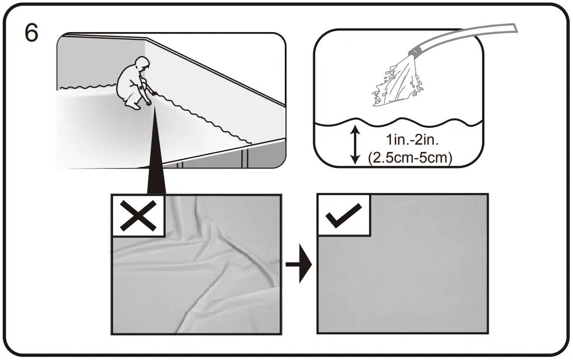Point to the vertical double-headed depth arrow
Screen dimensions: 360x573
tap(355, 144)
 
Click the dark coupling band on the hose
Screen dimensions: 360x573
tap(417, 52)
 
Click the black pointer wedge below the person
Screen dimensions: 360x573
tap(156, 158)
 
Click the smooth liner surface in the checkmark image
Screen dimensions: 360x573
tap(413, 277)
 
